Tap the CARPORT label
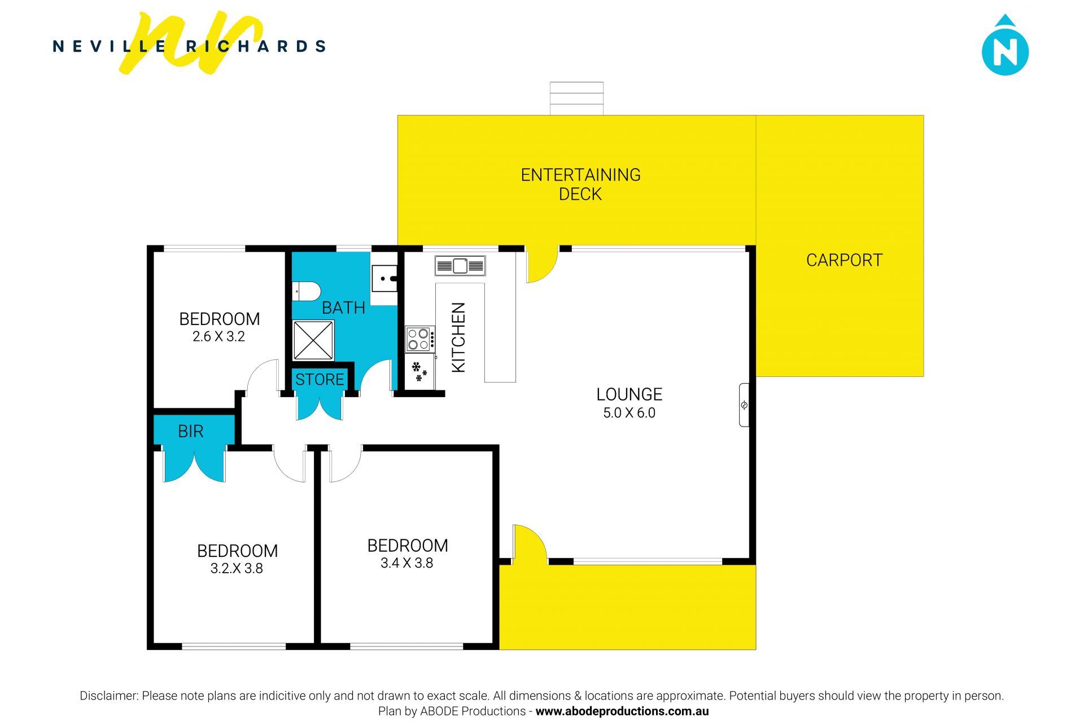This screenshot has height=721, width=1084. pos(844,260)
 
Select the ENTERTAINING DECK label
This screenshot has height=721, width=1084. pos(580,184)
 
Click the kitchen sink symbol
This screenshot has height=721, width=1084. pos(460,265)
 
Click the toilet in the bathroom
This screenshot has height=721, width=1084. pos(306,292)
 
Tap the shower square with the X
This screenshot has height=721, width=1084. pos(313,340)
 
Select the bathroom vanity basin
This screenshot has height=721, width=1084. pos(384,278)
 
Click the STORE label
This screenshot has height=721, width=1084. pos(320,380)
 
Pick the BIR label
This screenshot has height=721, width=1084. pos(190,432)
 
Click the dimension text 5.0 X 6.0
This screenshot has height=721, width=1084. pos(629,413)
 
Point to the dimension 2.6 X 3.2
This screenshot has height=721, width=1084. pos(218,337)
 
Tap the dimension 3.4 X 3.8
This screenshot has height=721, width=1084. pos(406,563)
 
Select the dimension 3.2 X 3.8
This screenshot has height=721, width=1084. pos(237,569)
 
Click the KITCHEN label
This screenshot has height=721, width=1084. pos(459,337)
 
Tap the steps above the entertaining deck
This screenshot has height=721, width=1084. pos(576,98)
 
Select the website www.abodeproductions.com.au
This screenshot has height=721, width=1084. pos(622,711)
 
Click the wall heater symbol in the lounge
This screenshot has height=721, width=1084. pos(744,405)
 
